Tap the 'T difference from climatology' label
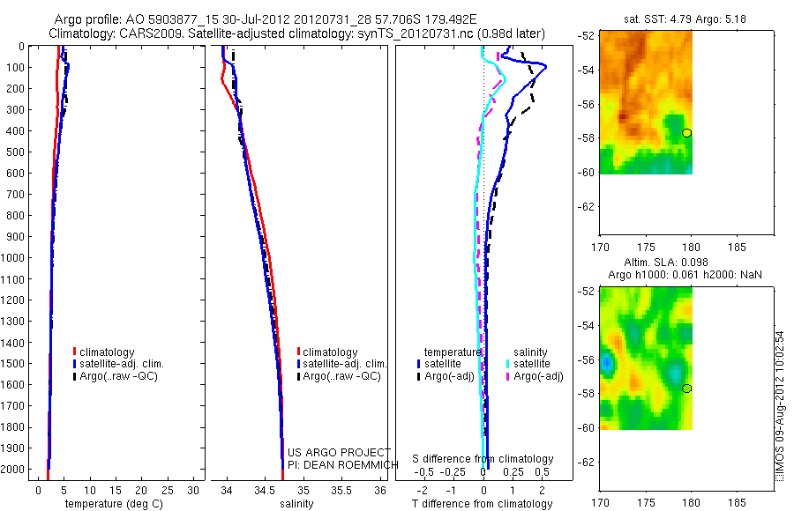coord(483,504)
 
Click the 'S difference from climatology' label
coord(483,459)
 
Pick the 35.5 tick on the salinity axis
coord(341,489)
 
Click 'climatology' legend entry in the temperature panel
coord(109,352)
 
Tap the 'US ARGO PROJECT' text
coord(339,452)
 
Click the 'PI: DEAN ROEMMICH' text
coord(339,464)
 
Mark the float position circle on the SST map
coord(686,133)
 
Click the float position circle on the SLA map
coord(686,389)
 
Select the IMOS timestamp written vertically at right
coord(780,406)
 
